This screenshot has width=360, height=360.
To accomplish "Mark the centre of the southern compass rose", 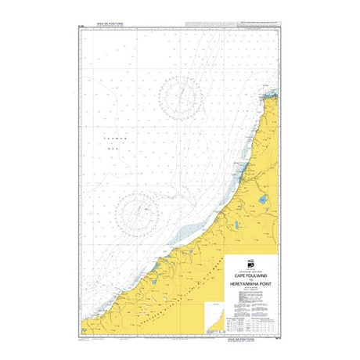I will [x=137, y=211].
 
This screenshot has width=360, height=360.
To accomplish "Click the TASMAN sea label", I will [x=110, y=139].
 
